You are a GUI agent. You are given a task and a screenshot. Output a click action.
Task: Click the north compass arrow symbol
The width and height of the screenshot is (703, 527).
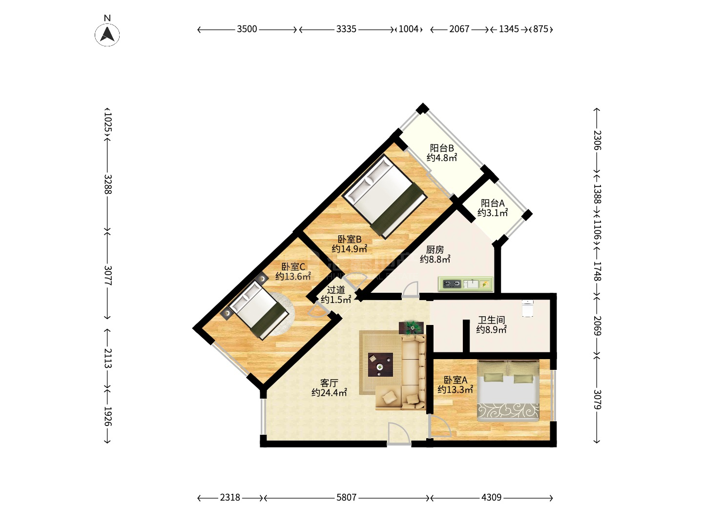pyautogui.click(x=107, y=34)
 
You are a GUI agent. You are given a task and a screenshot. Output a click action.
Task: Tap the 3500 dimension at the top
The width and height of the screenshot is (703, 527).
pyautogui.click(x=247, y=29)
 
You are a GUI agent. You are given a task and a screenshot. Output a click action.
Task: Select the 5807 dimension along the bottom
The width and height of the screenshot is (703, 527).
pyautogui.click(x=346, y=497)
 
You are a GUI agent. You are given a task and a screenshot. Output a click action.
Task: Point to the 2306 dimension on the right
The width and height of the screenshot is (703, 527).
pyautogui.click(x=597, y=140)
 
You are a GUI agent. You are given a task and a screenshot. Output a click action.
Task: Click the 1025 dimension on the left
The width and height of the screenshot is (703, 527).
pyautogui.click(x=108, y=122)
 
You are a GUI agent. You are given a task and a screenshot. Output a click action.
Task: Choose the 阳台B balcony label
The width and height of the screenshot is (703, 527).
pyautogui.click(x=442, y=148)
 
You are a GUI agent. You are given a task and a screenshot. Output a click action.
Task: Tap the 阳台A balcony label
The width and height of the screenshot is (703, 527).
pyautogui.click(x=493, y=203)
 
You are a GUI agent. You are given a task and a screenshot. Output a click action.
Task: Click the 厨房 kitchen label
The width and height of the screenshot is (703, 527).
pyautogui.click(x=434, y=249)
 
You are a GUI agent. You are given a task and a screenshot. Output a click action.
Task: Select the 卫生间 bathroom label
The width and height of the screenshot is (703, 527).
pyautogui.click(x=491, y=320)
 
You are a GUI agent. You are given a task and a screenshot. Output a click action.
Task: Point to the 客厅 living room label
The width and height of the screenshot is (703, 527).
pyautogui.click(x=329, y=383)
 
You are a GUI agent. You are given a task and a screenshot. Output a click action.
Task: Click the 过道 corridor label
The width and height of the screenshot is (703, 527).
pyautogui.click(x=336, y=290)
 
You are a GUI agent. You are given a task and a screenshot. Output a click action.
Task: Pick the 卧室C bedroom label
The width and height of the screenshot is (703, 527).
pyautogui.click(x=293, y=266)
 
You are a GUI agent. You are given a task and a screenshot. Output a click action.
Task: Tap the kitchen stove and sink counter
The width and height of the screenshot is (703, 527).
pyautogui.click(x=466, y=284)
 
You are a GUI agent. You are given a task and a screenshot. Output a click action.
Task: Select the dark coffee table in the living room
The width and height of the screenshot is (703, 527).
pyautogui.click(x=380, y=365)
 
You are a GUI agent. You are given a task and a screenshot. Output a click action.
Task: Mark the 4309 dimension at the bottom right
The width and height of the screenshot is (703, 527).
pyautogui.click(x=491, y=497)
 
